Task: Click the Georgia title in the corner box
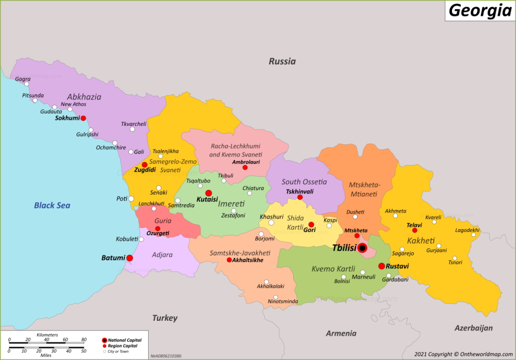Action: tap(480, 10)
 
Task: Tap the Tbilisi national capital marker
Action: tap(362, 248)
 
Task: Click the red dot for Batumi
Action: tap(130, 258)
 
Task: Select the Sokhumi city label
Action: tap(67, 118)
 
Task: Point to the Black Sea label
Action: tap(52, 205)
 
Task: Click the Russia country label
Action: tap(282, 61)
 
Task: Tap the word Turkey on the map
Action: tap(165, 318)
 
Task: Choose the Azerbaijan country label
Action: tap(473, 328)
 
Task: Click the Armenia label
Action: tap(341, 333)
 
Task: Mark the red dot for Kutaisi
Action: tap(208, 193)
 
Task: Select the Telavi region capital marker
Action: tap(414, 230)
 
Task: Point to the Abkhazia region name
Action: tap(84, 96)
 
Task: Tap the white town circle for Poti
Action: tap(131, 199)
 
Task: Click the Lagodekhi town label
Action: tap(467, 230)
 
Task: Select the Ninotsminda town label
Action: tap(282, 301)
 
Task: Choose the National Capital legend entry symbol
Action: tap(105, 340)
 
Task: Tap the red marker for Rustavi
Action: tap(381, 266)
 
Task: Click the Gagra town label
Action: tap(23, 79)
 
